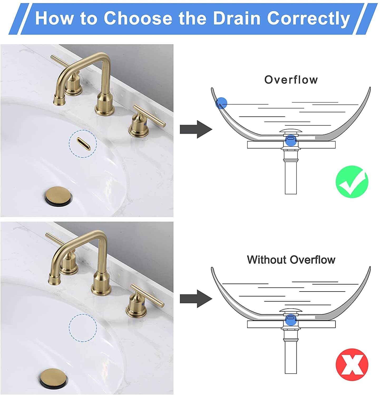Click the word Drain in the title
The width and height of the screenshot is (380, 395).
point(237,18)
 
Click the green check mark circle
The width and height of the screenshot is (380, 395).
point(352,182)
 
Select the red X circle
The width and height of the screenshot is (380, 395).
point(352,364)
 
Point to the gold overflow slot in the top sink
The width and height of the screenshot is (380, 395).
point(83,144)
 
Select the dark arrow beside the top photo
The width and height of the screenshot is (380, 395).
point(196,129)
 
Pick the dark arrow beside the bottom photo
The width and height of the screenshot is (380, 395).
point(196,299)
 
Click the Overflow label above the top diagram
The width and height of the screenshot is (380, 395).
point(291,80)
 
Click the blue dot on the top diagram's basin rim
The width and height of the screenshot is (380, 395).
point(221,103)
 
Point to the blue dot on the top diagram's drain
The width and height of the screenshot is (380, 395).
point(291,140)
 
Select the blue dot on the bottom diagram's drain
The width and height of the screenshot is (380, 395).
point(291,319)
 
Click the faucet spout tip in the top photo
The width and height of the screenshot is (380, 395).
point(59,100)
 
